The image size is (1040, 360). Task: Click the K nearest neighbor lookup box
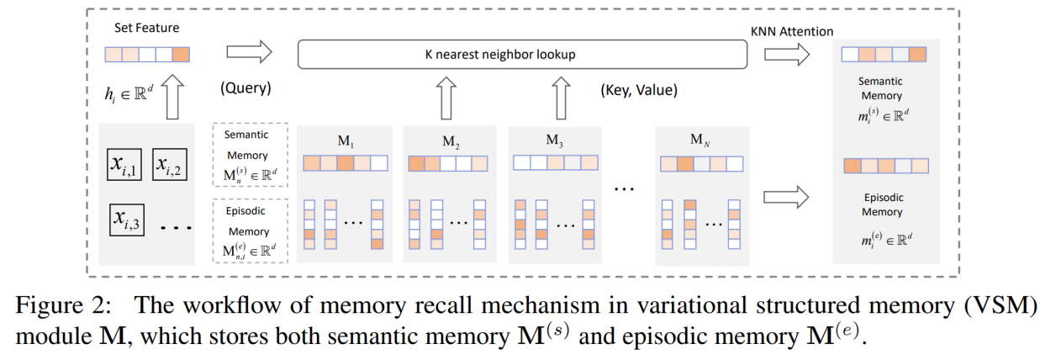point(522,55)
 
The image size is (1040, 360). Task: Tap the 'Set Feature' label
point(146,28)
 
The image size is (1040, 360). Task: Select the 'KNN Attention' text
point(791,31)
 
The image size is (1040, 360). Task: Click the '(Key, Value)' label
point(638,89)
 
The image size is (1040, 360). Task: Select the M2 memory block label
point(451,140)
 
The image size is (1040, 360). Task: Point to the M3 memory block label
point(555,140)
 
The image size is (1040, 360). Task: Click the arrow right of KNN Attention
point(787,55)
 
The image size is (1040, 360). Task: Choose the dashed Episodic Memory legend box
point(250,230)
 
